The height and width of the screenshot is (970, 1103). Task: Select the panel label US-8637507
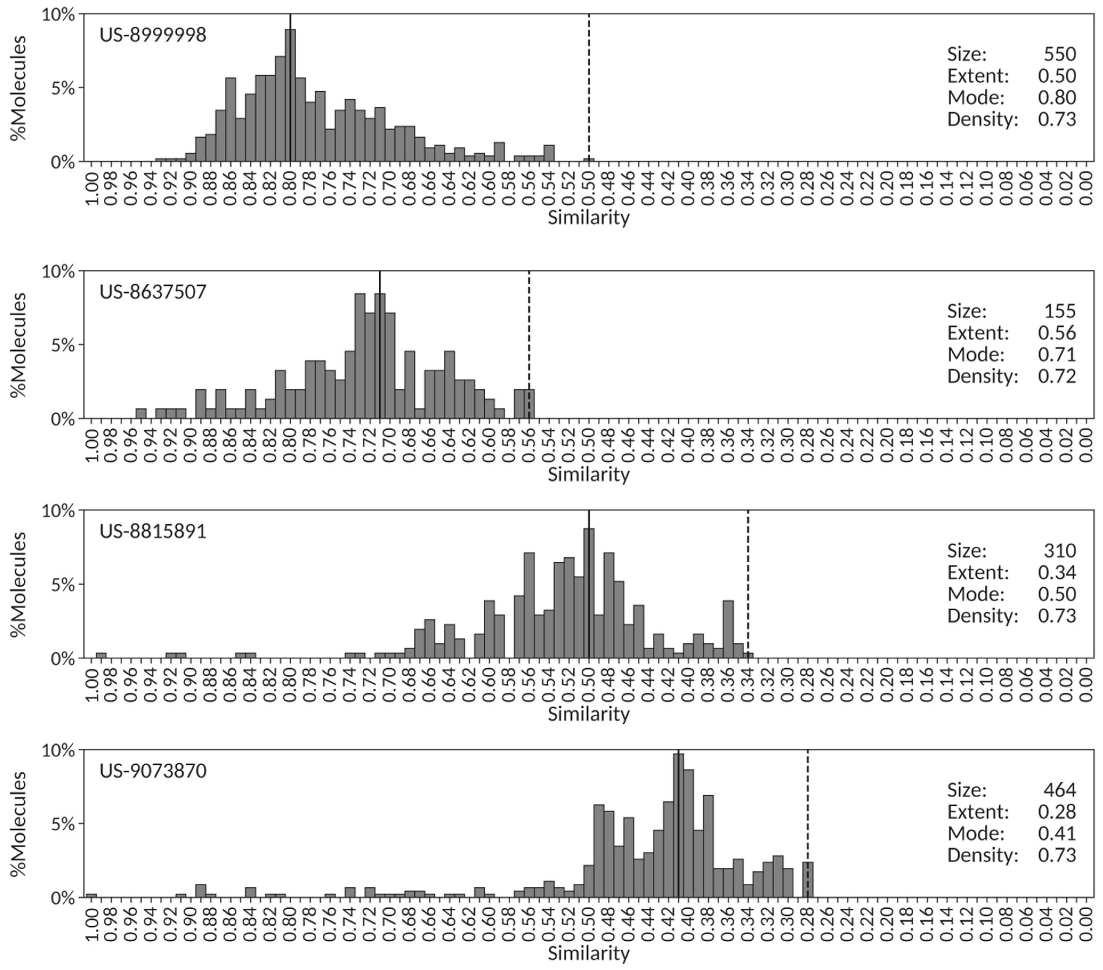[153, 292]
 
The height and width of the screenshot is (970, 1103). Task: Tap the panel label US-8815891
[153, 531]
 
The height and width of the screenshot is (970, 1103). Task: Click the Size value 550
[1059, 54]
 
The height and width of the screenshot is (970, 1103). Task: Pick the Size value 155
[1059, 311]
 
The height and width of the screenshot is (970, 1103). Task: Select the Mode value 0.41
[1057, 834]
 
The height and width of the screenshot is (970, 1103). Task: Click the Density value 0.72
[1057, 376]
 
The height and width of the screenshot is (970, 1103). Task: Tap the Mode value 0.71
[1057, 354]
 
